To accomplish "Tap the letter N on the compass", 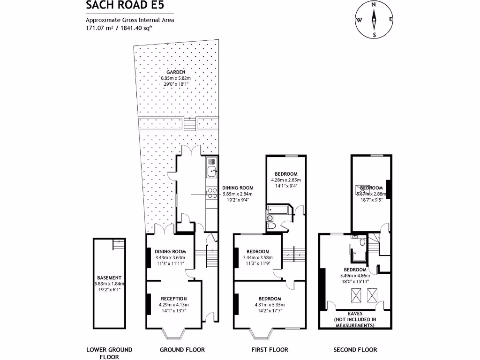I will pyautogui.click(x=374, y=4).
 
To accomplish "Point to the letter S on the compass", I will pyautogui.click(x=374, y=35).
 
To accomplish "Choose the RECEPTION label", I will pyautogui.click(x=174, y=299).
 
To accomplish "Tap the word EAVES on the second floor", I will pyautogui.click(x=354, y=313).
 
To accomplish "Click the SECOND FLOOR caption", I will pyautogui.click(x=355, y=350).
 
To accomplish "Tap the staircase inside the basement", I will pyautogui.click(x=119, y=245).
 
